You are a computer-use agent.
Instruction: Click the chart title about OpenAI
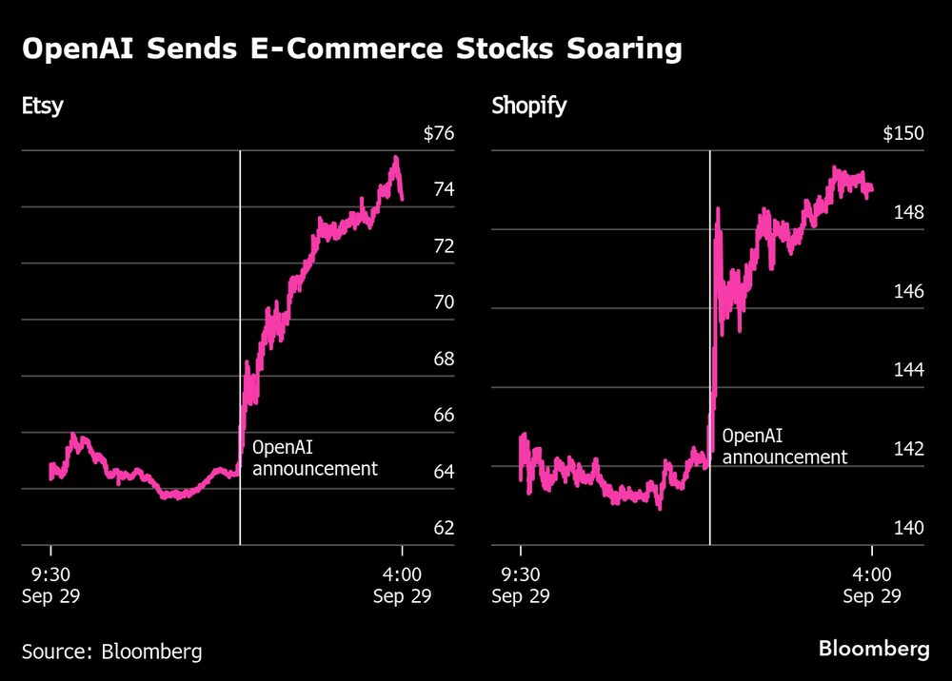[351, 49]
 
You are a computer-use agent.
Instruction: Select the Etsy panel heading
[43, 106]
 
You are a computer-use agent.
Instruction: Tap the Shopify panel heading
[528, 106]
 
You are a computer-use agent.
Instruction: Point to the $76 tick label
[439, 134]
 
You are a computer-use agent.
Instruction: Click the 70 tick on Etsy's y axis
[444, 303]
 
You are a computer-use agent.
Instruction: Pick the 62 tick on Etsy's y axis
[444, 529]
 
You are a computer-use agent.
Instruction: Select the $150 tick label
[903, 134]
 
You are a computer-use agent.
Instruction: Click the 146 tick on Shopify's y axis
[908, 291]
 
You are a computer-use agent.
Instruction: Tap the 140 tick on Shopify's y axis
[908, 528]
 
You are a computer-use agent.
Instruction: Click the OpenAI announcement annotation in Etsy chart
[314, 457]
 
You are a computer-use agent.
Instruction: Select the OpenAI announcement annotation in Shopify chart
[784, 447]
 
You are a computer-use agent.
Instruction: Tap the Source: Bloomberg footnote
[112, 652]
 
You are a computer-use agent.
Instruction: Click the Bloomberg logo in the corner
[874, 650]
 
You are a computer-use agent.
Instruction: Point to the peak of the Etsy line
[395, 158]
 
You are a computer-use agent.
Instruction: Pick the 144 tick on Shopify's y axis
[908, 370]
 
